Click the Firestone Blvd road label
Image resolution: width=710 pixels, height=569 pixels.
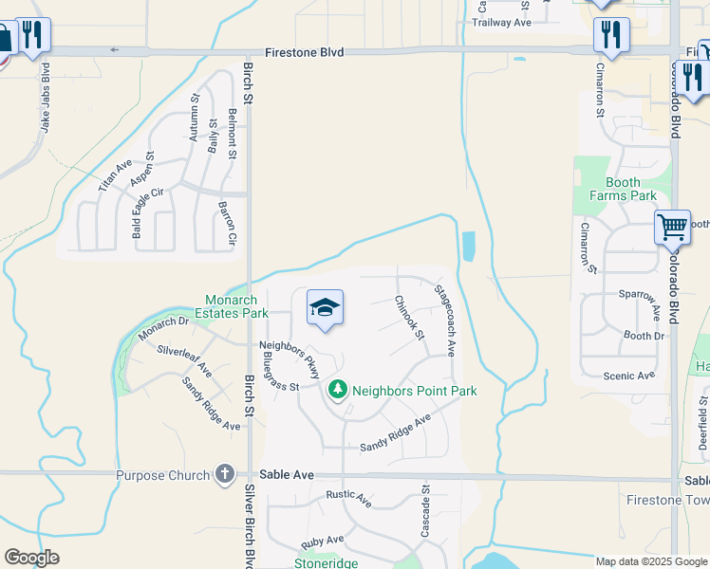[x=304, y=53]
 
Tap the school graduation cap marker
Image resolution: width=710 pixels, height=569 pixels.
[x=325, y=308]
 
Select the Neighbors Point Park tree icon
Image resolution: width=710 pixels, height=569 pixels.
[x=337, y=390]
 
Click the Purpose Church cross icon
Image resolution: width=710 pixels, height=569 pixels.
[x=224, y=474]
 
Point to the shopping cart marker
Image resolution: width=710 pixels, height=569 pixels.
[x=672, y=228]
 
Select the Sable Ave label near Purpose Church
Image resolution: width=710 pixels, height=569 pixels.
[x=287, y=474]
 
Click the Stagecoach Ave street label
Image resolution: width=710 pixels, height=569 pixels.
[x=444, y=321]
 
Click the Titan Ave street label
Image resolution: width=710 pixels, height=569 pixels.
[x=117, y=177]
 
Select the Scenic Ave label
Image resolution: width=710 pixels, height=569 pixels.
[x=629, y=376]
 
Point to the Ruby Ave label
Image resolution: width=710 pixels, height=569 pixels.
[x=322, y=541]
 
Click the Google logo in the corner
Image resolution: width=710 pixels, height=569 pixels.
[x=32, y=558]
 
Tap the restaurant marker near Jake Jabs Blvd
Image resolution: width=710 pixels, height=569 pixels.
[x=34, y=35]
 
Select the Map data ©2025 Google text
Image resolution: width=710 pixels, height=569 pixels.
[x=651, y=561]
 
